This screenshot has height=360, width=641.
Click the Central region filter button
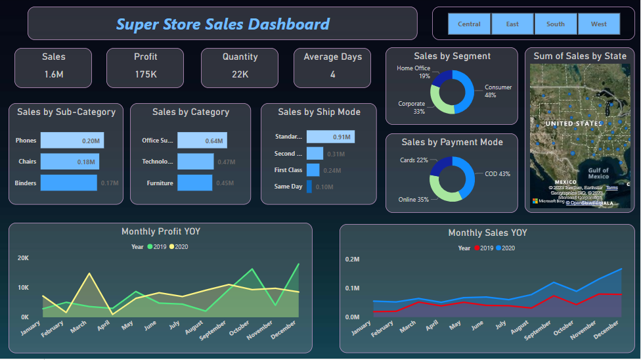(x=469, y=24)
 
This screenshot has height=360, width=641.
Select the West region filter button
(x=598, y=24)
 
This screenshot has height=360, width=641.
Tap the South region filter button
(x=555, y=24)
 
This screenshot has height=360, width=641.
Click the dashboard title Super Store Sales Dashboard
(x=223, y=24)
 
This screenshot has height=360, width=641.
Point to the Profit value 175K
(x=145, y=74)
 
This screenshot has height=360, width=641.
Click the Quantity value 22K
(x=240, y=74)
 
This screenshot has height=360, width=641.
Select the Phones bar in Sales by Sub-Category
(x=72, y=141)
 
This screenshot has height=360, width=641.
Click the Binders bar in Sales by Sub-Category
(x=68, y=183)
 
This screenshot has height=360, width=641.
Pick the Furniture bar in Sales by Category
(x=194, y=183)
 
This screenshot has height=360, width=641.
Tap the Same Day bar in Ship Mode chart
(x=309, y=187)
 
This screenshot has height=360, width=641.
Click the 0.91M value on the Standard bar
(x=342, y=137)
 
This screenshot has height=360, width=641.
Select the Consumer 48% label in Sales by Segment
(x=498, y=91)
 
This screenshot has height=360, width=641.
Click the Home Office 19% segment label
(x=414, y=72)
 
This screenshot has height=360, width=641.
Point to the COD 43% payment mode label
(x=497, y=174)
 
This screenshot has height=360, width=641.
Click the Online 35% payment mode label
(x=413, y=199)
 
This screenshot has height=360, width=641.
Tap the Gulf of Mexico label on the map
(x=598, y=173)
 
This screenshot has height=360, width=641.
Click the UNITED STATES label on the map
(x=574, y=124)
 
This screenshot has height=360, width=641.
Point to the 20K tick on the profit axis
(x=23, y=258)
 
